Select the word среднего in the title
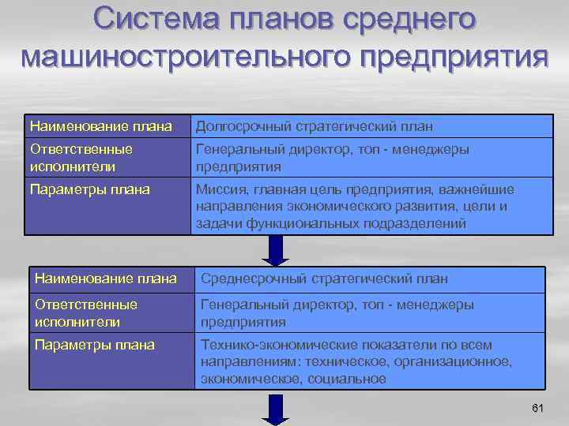coord(412,19)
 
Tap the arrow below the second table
coord(276,408)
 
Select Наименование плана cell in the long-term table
coord(100,126)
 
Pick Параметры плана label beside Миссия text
coord(89,189)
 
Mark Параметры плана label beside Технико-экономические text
coord(96,345)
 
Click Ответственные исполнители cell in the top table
coord(81,157)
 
